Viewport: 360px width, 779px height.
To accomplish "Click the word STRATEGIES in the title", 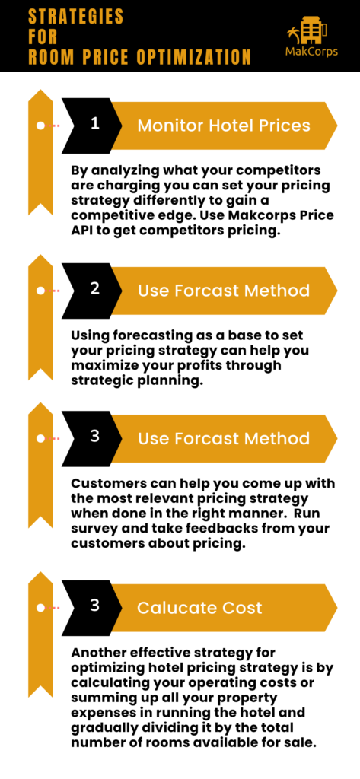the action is (75, 17).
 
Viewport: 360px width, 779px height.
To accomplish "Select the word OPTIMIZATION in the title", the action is (193, 57).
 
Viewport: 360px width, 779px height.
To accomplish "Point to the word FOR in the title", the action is (43, 37).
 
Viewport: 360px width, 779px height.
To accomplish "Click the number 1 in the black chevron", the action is (95, 124).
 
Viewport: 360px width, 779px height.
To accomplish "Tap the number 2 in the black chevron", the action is (95, 289).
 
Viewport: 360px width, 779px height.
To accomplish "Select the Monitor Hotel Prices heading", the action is (224, 126).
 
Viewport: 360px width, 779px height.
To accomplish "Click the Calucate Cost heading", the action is (199, 608).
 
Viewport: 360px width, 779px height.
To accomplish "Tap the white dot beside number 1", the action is (41, 126).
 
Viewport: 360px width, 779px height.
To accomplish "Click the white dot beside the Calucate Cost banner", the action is (41, 608).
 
